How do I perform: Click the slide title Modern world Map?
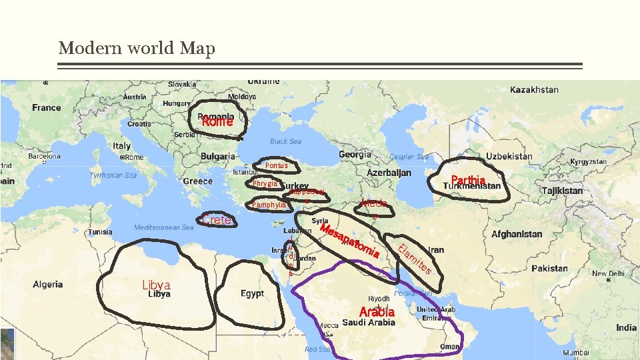[x=137, y=49]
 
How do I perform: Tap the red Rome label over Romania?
[x=217, y=122]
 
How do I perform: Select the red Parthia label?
[x=468, y=180]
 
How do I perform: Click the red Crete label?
[x=217, y=220]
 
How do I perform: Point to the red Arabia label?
[x=377, y=312]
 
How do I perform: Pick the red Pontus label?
[x=276, y=165]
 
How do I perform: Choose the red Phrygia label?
[x=265, y=183]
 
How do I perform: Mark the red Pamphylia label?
[x=269, y=205]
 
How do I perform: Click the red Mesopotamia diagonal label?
[x=351, y=241]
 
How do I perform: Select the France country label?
[x=47, y=107]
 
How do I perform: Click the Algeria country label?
[x=47, y=285]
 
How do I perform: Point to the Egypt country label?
[x=253, y=293]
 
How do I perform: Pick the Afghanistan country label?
[x=517, y=235]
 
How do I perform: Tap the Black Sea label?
[x=285, y=141]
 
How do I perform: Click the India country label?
[x=626, y=327]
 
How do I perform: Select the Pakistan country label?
[x=549, y=269]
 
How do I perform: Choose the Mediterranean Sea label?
[x=163, y=227]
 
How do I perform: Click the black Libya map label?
[x=159, y=294]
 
